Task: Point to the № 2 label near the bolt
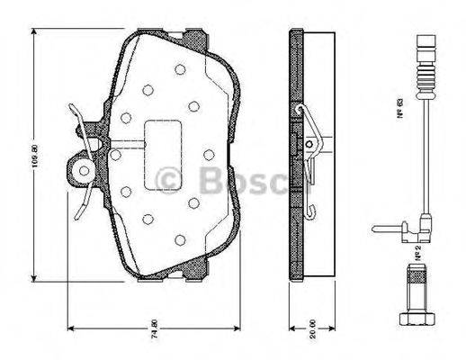pos(418,255)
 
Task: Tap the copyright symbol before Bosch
pos(168,180)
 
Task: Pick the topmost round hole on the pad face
pos(180,69)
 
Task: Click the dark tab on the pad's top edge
pos(192,38)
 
